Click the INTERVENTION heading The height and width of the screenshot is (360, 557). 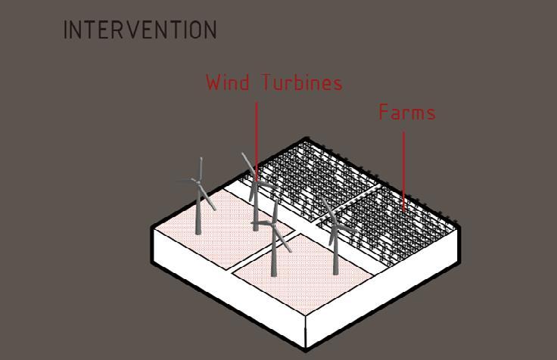click(140, 30)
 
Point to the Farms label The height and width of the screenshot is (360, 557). click(407, 113)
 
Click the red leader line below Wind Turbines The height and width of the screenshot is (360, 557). click(256, 136)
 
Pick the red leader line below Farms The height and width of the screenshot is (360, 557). click(403, 166)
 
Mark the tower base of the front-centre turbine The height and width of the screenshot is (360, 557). click(274, 274)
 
